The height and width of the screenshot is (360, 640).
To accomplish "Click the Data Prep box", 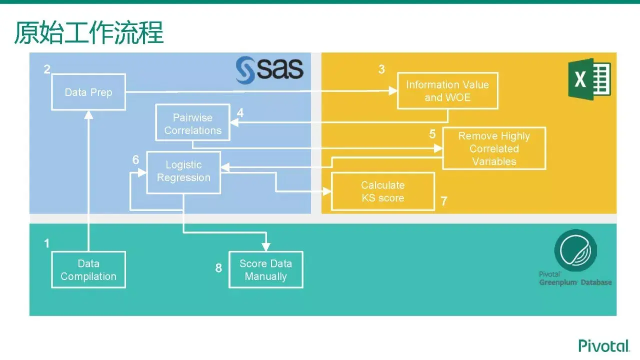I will coord(88,92).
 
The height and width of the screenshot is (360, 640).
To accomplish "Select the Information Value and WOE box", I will coord(447,91).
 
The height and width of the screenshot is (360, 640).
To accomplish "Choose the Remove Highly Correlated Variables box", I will coord(494,148).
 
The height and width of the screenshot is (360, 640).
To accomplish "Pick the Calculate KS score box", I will coord(383,191).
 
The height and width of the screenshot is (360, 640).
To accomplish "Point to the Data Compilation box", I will coord(88,270).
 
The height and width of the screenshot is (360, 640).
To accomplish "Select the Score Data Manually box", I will coord(266,270).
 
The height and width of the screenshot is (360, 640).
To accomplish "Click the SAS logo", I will coord(270,70).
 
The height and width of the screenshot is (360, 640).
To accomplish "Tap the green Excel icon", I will coord(589,79).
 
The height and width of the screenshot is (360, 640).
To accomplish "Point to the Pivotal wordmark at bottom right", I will coord(603,345).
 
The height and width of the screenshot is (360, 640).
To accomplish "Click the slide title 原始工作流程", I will coord(88,33).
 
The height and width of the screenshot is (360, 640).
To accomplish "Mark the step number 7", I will coord(444,201).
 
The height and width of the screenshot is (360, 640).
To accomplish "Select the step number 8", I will coord(218,268).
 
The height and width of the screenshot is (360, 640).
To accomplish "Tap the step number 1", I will coord(47,243).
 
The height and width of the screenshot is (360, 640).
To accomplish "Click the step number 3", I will coord(381,70).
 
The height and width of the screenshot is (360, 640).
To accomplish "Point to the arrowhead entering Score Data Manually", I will coord(266,246).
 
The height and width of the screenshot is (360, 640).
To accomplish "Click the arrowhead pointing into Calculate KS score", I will coord(327,191).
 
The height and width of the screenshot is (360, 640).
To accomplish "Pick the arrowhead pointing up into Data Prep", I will coord(88,114).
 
